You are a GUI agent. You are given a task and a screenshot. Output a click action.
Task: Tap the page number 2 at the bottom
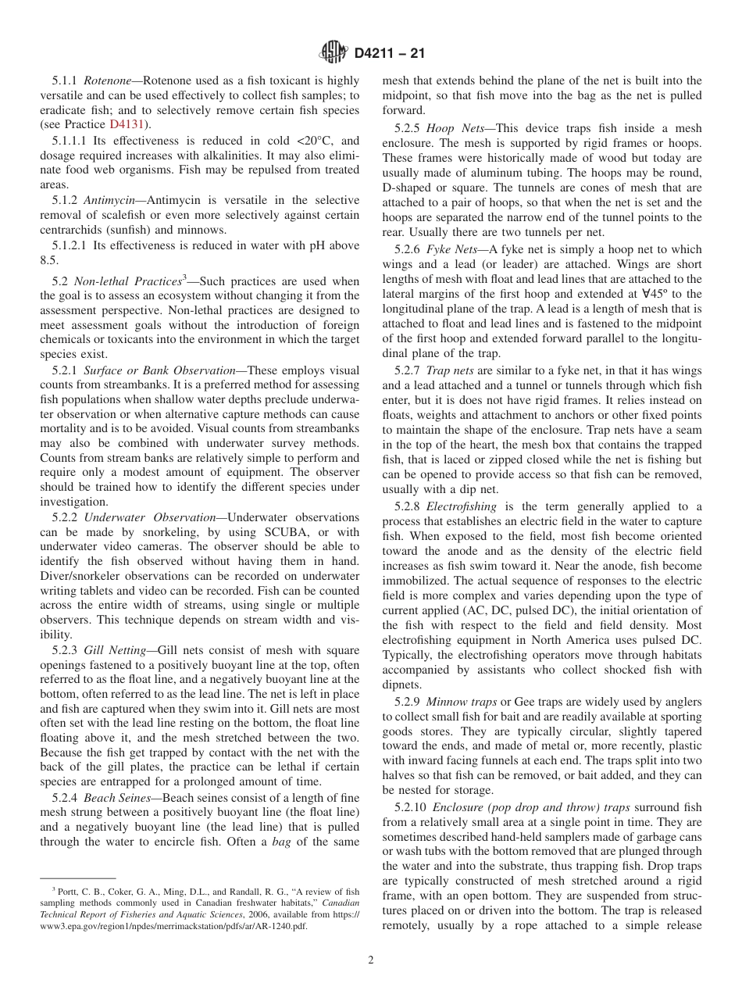point(371,960)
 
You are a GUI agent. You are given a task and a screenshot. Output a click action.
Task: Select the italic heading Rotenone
point(109,80)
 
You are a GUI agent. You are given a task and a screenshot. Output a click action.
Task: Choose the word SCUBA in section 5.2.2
point(269,532)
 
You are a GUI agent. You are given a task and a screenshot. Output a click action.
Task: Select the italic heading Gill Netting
point(117,650)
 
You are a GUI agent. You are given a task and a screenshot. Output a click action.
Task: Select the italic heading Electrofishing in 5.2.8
point(463,506)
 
